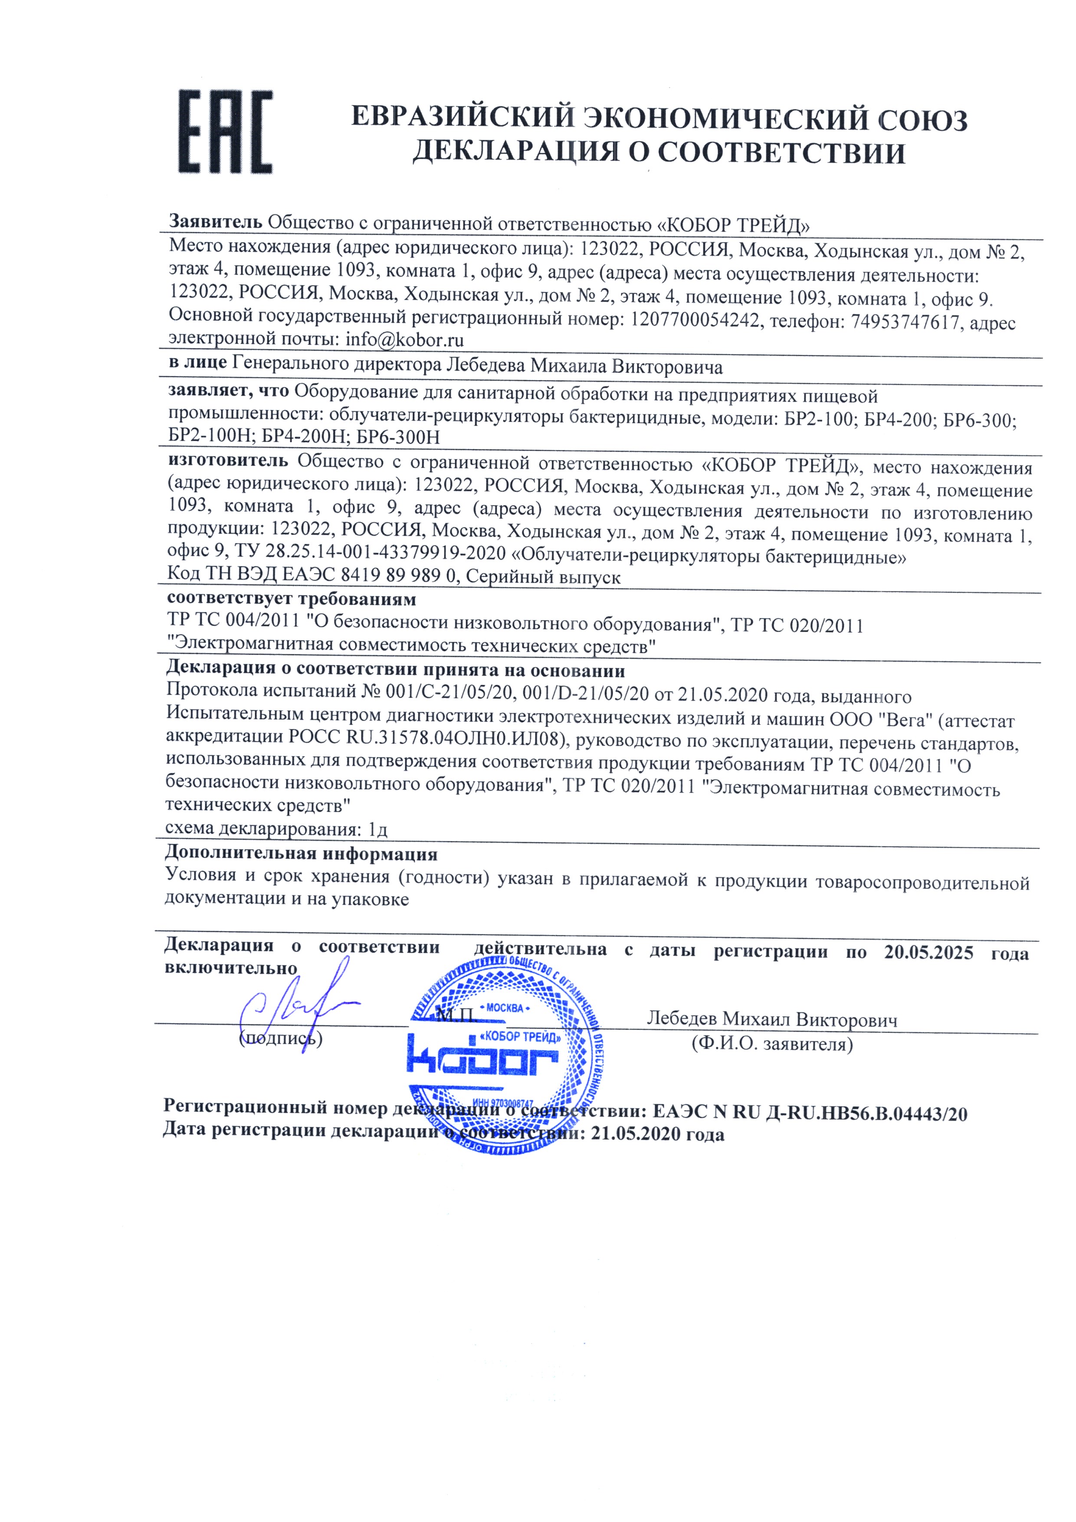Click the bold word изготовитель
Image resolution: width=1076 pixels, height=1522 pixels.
pyautogui.click(x=227, y=460)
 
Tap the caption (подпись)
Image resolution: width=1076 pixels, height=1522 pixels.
pyautogui.click(x=280, y=1038)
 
